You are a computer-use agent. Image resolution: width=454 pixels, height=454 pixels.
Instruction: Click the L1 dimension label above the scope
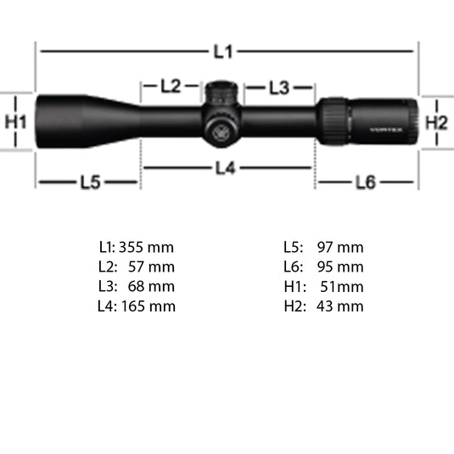[222, 52]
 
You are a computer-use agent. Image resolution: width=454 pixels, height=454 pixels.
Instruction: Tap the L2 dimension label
[171, 86]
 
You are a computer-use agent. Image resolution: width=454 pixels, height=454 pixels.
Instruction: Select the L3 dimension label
[279, 87]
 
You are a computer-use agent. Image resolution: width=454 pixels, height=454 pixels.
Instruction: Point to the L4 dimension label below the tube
[224, 168]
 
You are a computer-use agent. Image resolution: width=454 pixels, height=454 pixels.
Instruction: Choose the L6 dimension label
[365, 182]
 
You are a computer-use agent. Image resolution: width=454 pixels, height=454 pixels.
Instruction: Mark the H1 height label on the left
[16, 121]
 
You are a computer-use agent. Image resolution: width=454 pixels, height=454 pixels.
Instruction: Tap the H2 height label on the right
[435, 121]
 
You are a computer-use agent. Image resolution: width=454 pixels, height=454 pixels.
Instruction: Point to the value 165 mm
[148, 306]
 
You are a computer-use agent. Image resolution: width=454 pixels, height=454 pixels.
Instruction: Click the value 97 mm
[339, 248]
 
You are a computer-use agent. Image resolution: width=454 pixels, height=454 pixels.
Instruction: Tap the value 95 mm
[339, 267]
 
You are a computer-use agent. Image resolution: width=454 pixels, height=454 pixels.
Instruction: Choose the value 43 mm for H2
[339, 306]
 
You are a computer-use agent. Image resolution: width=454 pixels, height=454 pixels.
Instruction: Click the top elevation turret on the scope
[222, 90]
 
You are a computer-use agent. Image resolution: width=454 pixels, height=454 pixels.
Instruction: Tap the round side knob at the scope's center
[217, 128]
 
